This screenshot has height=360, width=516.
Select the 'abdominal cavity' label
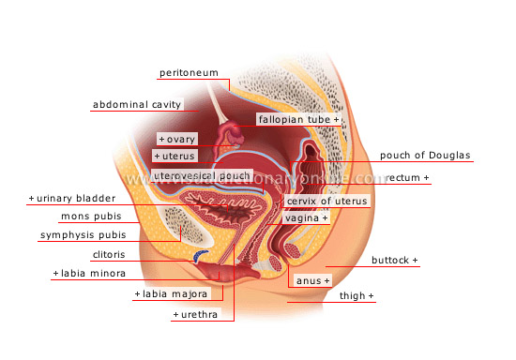pyautogui.click(x=137, y=104)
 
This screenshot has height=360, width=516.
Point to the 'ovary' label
pyautogui.click(x=177, y=139)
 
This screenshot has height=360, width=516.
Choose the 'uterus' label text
pyautogui.click(x=175, y=156)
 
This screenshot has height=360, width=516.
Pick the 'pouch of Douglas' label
pyautogui.click(x=425, y=156)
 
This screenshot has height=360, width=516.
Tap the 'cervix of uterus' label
pyautogui.click(x=326, y=201)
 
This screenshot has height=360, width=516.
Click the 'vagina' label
pyautogui.click(x=307, y=217)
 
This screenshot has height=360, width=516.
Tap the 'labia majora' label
pyautogui.click(x=169, y=294)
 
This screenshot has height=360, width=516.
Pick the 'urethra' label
pyautogui.click(x=195, y=315)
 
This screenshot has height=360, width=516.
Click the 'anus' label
pyautogui.click(x=311, y=280)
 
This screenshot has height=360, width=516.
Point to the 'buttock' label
pyautogui.click(x=395, y=260)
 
